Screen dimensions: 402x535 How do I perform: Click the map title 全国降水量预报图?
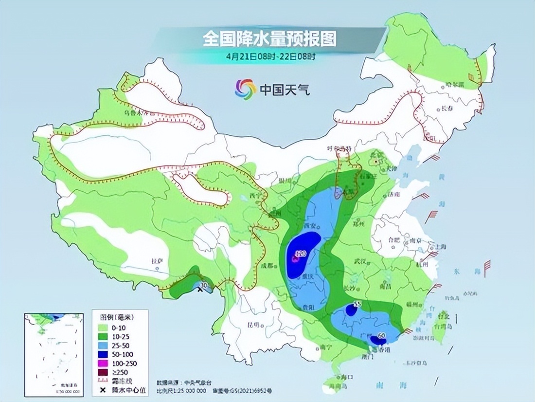tap(269, 38)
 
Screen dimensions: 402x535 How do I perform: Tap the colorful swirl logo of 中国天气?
tap(245, 89)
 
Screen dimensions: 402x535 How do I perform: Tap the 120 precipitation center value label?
tap(300, 254)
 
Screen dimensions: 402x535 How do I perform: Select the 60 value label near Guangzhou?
tap(382, 335)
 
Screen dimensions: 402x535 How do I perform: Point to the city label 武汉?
tap(360, 262)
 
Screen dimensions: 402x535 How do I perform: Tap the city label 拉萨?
tap(156, 261)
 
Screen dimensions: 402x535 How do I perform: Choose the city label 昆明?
tap(252, 324)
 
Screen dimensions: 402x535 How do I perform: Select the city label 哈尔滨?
tap(457, 85)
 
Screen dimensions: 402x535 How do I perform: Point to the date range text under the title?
tap(270, 56)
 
